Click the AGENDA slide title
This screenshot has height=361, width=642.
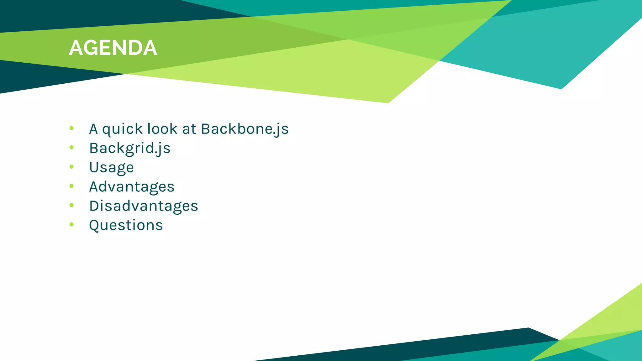click(113, 48)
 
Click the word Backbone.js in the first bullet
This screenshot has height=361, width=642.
click(245, 129)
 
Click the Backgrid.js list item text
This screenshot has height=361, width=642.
click(130, 148)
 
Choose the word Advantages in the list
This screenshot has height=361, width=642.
click(132, 187)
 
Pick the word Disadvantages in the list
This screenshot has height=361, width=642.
click(144, 206)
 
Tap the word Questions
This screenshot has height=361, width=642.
click(126, 225)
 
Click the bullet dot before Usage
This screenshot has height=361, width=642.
click(71, 167)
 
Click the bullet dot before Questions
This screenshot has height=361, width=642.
click(71, 224)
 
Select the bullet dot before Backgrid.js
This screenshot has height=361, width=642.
click(71, 147)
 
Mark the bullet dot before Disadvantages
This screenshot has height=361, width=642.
click(71, 205)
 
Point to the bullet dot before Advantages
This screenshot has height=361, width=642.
click(71, 186)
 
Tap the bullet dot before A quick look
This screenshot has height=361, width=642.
click(71, 128)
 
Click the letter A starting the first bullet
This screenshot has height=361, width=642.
click(93, 129)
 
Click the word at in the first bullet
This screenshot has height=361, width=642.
click(189, 129)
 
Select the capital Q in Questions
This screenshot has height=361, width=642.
click(94, 225)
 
